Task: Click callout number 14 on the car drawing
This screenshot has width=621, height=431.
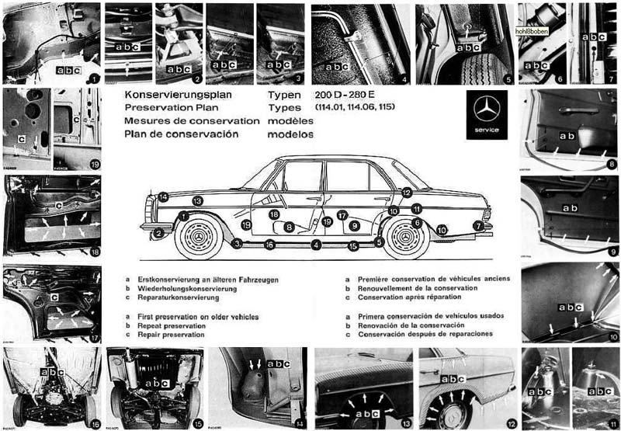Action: click(x=163, y=196)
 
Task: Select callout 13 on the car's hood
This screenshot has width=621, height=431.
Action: click(x=198, y=200)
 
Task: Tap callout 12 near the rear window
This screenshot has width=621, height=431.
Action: click(x=407, y=192)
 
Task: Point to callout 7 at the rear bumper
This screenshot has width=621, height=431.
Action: click(x=477, y=225)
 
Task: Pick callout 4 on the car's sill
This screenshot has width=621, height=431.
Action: click(x=316, y=245)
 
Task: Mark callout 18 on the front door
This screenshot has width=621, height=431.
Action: click(x=274, y=214)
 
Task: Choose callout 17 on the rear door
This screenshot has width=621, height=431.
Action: click(x=342, y=214)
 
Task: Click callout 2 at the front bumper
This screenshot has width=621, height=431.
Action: click(x=158, y=231)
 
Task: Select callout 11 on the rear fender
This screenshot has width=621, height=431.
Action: click(x=417, y=208)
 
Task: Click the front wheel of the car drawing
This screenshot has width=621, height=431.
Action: click(x=199, y=235)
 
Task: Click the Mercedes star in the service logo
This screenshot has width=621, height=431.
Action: click(x=486, y=109)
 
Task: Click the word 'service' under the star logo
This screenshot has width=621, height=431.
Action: click(x=487, y=129)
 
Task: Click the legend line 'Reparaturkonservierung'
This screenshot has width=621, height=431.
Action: click(x=185, y=297)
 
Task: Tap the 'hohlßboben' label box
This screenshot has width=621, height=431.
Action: click(x=531, y=32)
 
